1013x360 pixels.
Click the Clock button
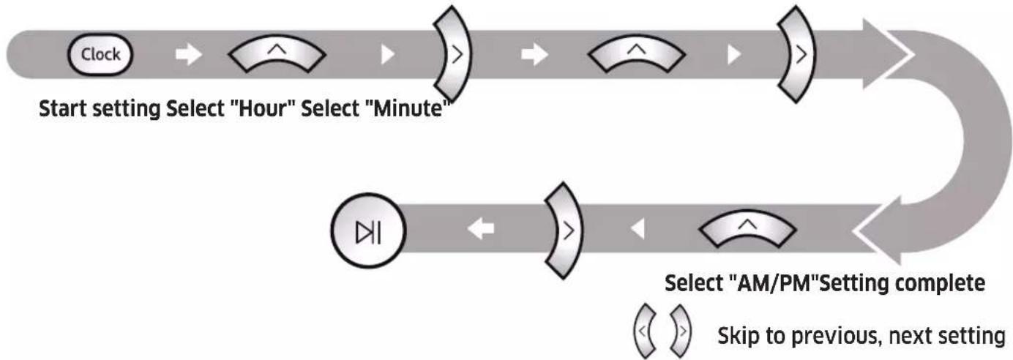coord(100,55)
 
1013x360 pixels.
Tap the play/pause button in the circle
coord(368,230)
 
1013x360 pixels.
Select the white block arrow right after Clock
coord(189,54)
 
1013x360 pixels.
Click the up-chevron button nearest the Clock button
coord(277,53)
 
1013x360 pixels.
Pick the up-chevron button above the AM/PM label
coord(747,228)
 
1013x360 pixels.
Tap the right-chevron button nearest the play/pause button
coord(564,230)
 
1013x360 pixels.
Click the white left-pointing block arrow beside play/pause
coord(481,229)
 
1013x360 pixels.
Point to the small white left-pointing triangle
coord(638,229)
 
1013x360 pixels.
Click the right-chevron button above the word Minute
coord(452,54)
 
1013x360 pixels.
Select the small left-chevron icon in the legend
coord(644,331)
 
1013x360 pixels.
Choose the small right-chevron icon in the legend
coord(680,331)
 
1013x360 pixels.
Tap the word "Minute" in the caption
coord(408,109)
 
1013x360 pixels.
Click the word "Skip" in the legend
coord(739,337)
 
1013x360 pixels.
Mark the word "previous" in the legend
coord(837,337)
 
